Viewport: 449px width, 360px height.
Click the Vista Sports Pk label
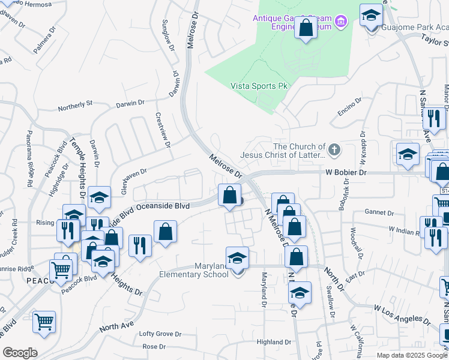[x=259, y=86]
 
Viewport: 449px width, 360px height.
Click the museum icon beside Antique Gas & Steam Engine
[x=341, y=23]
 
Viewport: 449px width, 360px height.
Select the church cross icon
[x=334, y=148]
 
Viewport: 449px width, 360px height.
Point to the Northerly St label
[x=75, y=107]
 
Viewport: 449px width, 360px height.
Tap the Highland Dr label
[x=274, y=342]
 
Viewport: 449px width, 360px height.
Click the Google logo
[x=20, y=353]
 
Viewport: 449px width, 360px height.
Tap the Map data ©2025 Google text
[x=412, y=355]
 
